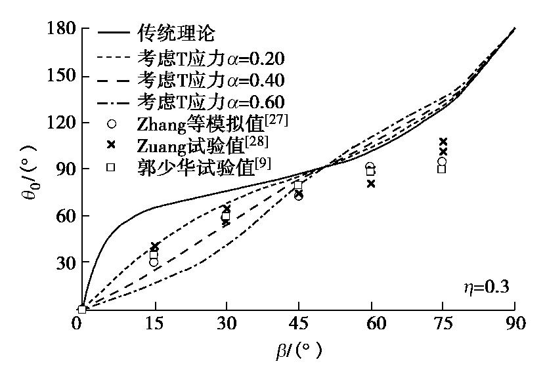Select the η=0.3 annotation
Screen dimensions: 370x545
(x=485, y=287)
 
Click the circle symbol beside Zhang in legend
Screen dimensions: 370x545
(x=112, y=123)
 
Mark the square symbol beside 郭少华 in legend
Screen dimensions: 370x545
(x=112, y=167)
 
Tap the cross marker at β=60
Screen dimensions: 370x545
(x=371, y=184)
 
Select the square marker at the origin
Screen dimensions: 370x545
(x=82, y=309)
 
